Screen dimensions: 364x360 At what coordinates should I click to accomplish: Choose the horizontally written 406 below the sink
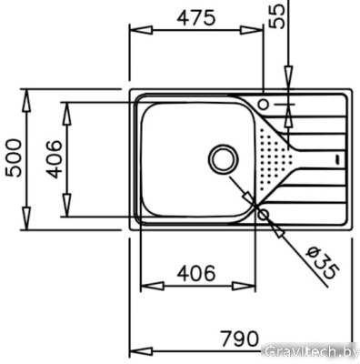tap(195, 272)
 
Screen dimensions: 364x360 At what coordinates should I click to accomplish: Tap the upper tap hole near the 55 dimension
tap(265, 104)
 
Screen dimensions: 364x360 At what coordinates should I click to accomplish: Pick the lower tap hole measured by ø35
tap(264, 214)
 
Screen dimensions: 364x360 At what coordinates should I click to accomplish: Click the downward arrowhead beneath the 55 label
tap(286, 85)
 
